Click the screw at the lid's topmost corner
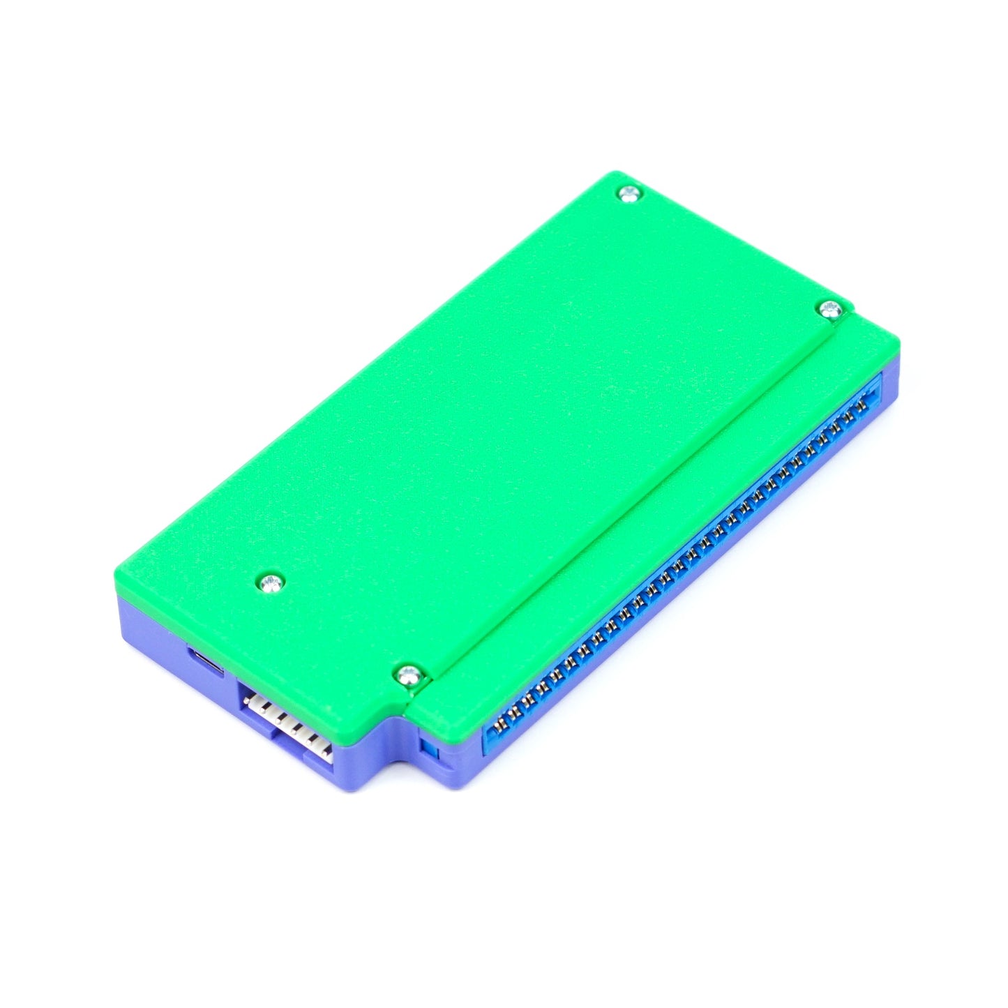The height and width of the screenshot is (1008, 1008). coord(629,194)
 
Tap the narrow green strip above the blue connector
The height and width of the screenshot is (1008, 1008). coord(663,516)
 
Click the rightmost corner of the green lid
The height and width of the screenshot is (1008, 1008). coord(898,342)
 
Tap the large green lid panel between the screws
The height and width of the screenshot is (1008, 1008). coord(481,419)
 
